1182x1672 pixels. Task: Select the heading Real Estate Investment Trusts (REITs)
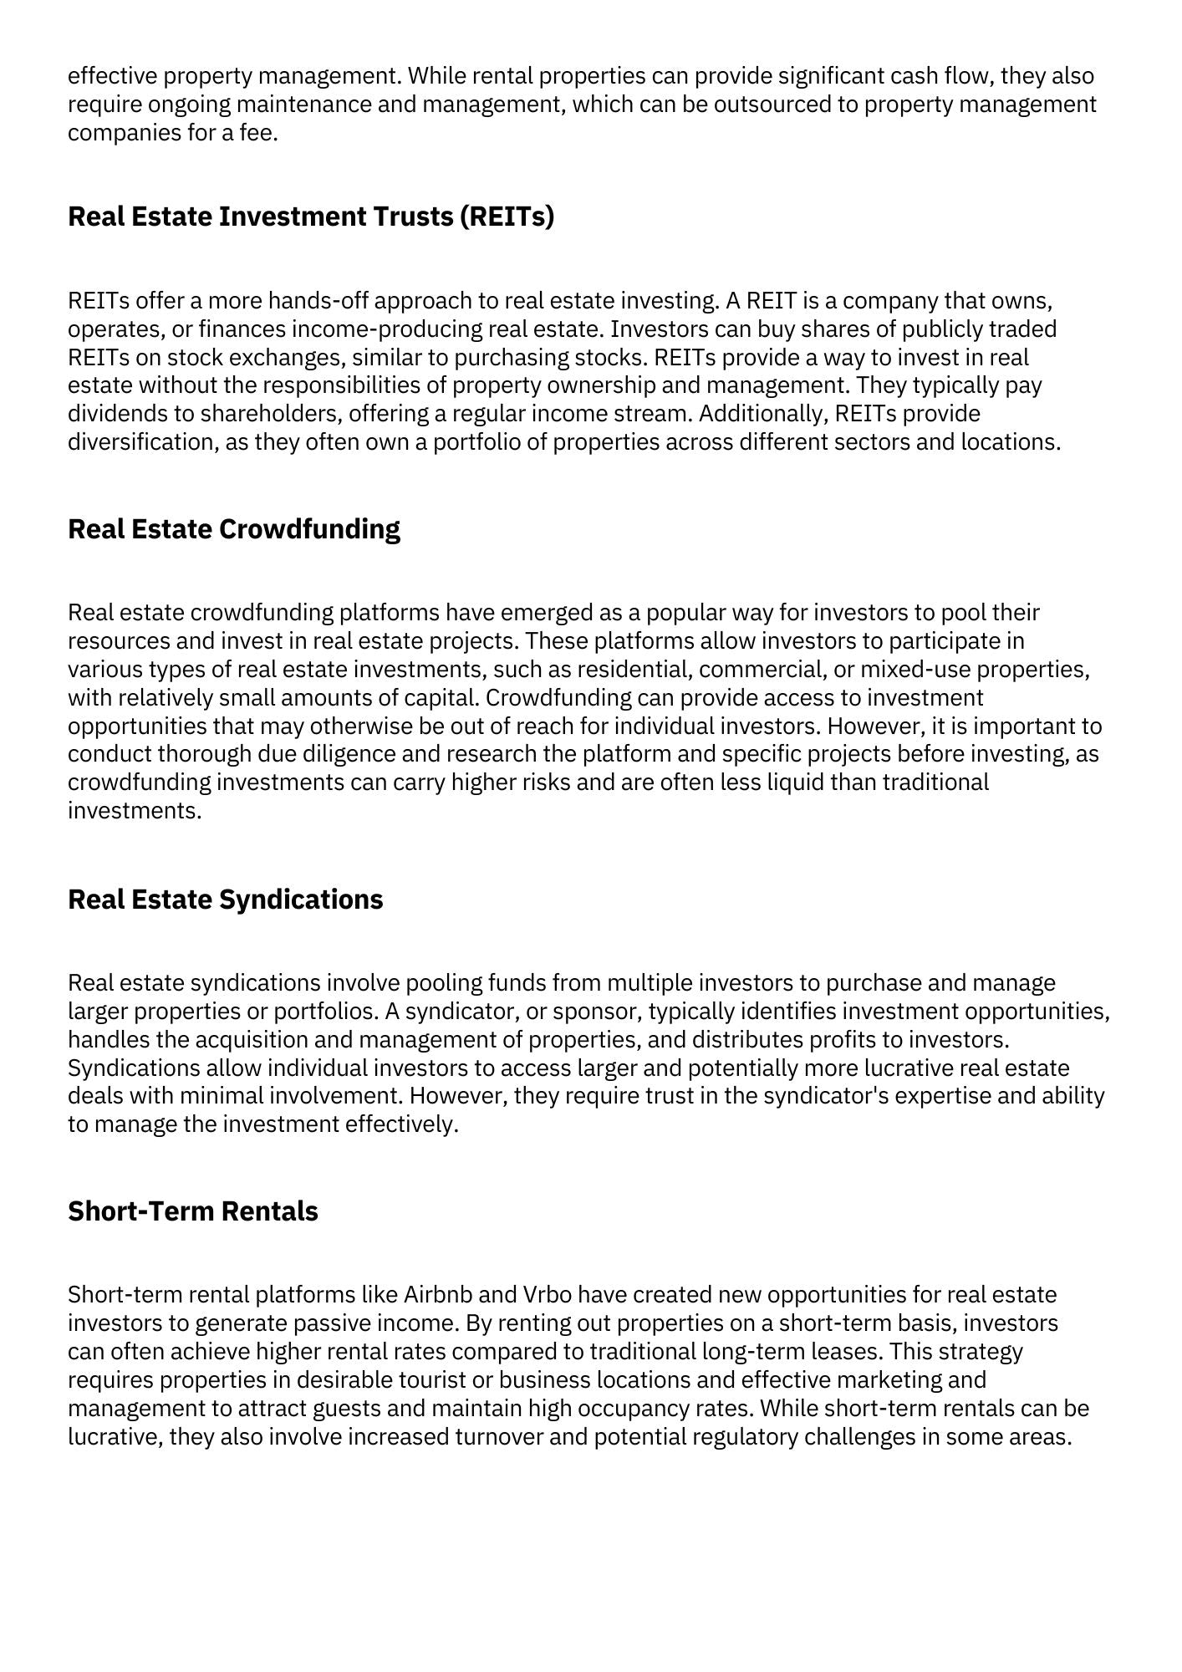click(311, 217)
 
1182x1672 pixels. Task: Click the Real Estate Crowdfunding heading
click(234, 529)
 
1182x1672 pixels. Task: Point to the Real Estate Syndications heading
click(226, 900)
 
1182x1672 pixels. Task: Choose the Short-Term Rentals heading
click(193, 1211)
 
